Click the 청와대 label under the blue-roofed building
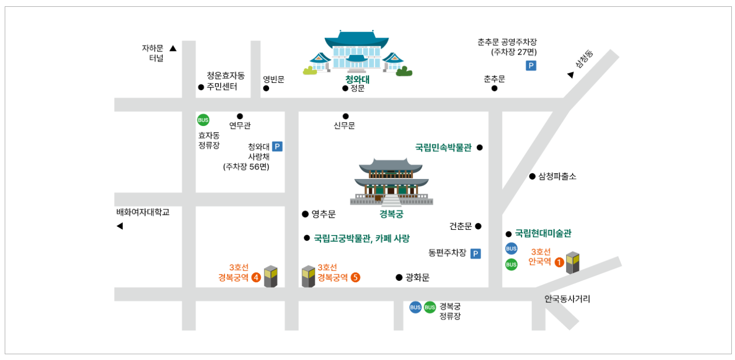(x=357, y=79)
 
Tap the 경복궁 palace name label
(x=391, y=214)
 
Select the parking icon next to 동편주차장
(x=475, y=254)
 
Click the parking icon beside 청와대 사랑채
(x=277, y=147)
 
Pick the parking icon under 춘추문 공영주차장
(x=531, y=66)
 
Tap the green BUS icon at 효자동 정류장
(x=203, y=120)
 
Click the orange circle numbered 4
(x=256, y=278)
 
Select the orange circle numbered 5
(x=356, y=278)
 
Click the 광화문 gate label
(x=418, y=278)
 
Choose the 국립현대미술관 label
(x=543, y=234)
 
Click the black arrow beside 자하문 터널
(x=173, y=49)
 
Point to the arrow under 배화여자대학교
(x=120, y=226)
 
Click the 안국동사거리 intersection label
(x=567, y=299)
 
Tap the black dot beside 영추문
(x=305, y=214)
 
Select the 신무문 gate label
(x=344, y=126)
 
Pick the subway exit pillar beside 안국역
(x=573, y=262)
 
